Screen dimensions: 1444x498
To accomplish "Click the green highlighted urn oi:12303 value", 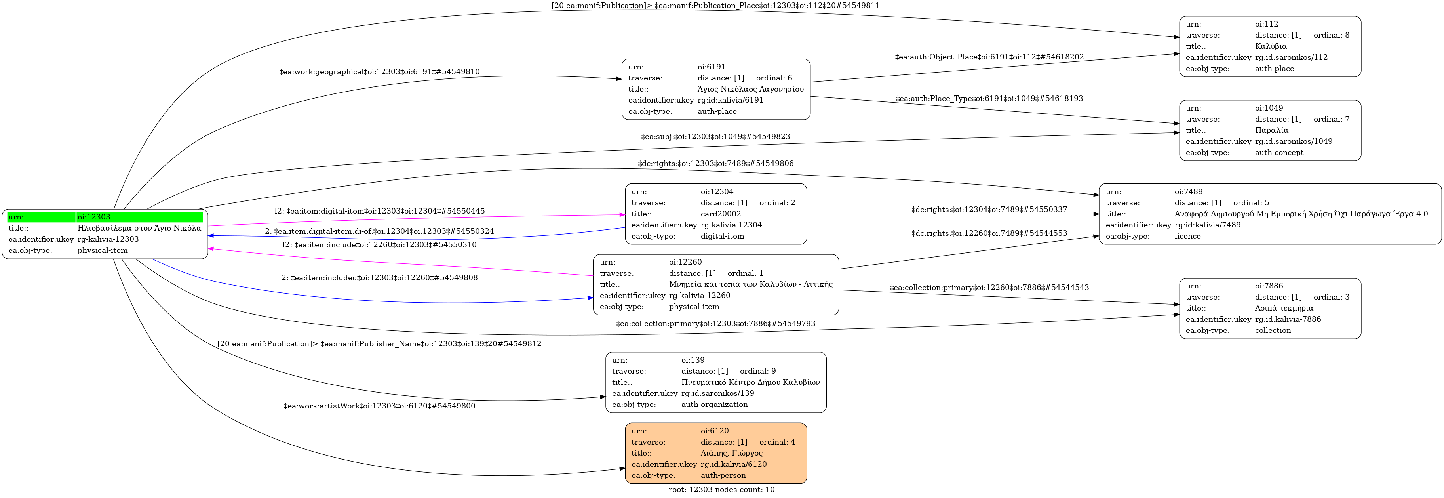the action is pos(140,218).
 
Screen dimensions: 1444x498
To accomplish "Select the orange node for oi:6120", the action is pos(716,453).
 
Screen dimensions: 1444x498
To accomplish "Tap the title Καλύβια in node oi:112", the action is pos(1271,46).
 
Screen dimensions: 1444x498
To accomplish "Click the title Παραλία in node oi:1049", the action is pos(1271,130).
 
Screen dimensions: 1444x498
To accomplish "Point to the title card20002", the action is pos(720,214).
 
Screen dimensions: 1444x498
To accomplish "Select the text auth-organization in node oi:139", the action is pos(714,405).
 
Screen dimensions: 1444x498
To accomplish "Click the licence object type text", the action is pos(1187,236).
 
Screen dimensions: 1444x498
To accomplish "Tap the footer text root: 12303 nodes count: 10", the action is pos(721,490).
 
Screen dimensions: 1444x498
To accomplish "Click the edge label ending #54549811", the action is pos(716,6).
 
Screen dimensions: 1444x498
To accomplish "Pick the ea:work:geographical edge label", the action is pos(379,72).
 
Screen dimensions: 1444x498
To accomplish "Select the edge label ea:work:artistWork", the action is pos(379,406).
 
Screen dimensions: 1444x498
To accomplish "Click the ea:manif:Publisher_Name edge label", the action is pos(379,344).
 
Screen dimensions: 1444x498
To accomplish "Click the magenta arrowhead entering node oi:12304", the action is pos(622,215).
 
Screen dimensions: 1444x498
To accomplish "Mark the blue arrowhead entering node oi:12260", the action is pos(590,298).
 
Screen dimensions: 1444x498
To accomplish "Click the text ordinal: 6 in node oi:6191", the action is pos(774,78).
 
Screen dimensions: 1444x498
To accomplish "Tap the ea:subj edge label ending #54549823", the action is pos(715,137).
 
